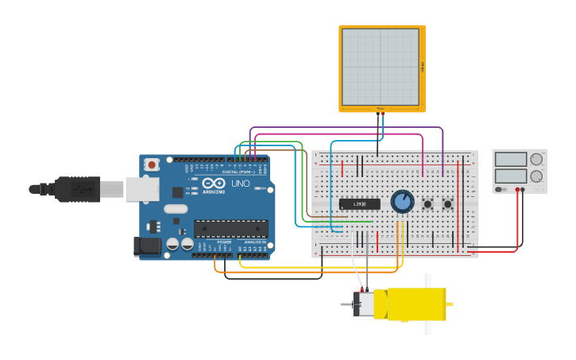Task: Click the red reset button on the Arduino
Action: [152, 165]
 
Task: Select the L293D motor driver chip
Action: [360, 203]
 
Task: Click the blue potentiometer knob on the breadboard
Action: [403, 201]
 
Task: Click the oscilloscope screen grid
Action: [381, 67]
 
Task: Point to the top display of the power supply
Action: [511, 159]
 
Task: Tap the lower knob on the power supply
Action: [536, 176]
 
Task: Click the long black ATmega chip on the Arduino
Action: [230, 229]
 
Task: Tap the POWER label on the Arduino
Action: [224, 242]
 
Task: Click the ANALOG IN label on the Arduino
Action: [254, 242]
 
